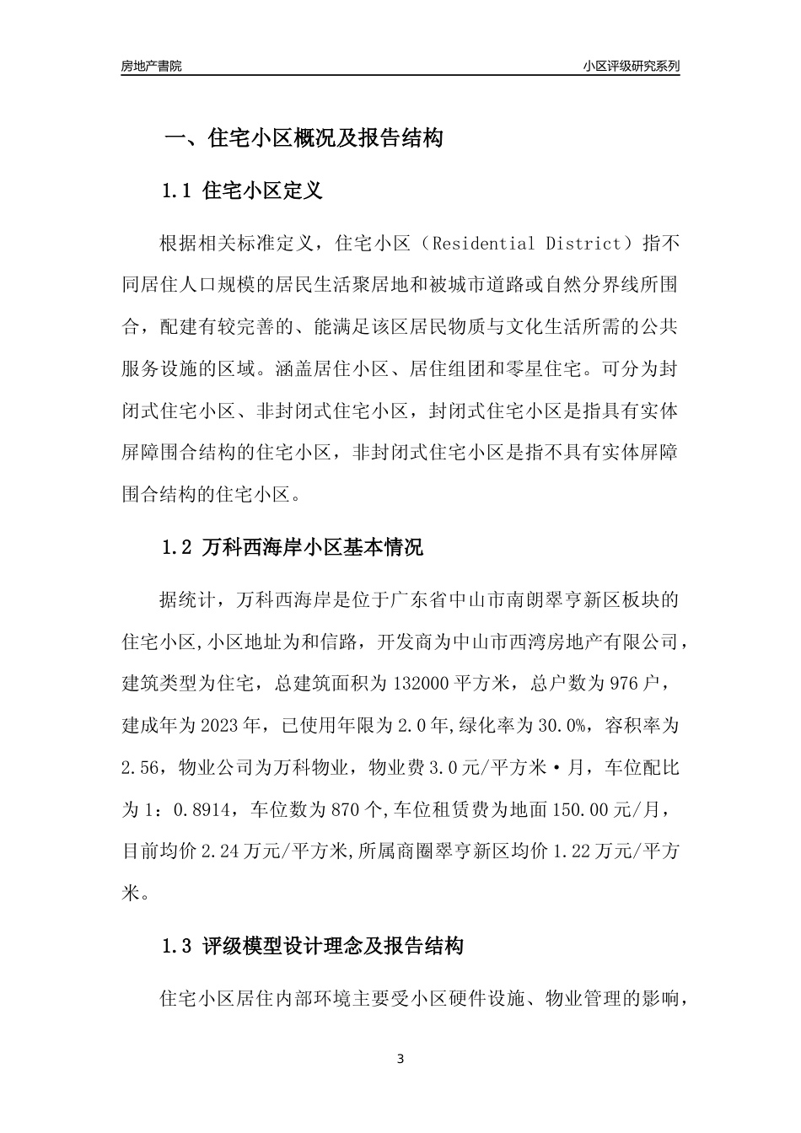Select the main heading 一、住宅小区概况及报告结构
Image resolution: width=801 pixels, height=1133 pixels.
click(x=303, y=138)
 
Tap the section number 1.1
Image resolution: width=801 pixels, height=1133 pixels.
click(x=177, y=191)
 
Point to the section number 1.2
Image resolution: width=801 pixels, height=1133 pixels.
click(x=177, y=548)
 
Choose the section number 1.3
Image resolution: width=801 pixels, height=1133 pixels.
click(x=177, y=947)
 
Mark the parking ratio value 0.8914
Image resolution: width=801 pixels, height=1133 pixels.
click(x=207, y=810)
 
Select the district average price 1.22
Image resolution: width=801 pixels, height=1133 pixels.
click(x=573, y=852)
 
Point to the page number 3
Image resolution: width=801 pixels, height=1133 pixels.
click(x=400, y=1059)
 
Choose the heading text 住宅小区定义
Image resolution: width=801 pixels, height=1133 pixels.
click(x=263, y=191)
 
